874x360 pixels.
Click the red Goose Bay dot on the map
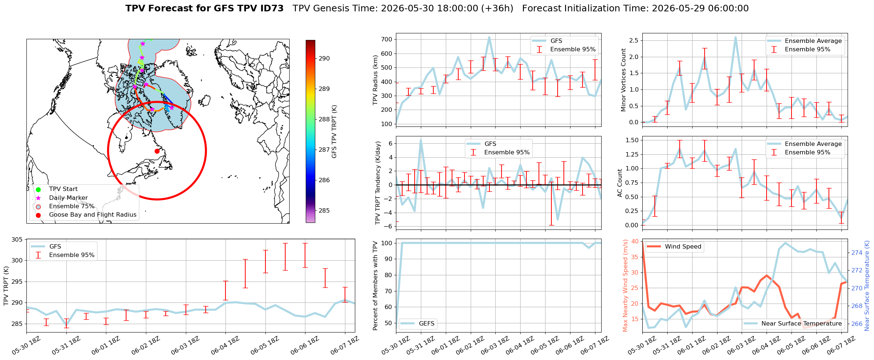(157, 151)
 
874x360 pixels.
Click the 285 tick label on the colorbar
(324, 210)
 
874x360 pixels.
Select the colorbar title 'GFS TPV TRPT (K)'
(334, 132)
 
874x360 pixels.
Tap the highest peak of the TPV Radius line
(489, 37)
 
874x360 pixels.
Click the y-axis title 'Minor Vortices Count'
(624, 80)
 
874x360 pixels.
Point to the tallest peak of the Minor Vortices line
(735, 37)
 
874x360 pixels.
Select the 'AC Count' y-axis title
(620, 183)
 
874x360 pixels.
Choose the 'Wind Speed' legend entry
(674, 247)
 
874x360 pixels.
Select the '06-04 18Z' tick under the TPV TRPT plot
(225, 345)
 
